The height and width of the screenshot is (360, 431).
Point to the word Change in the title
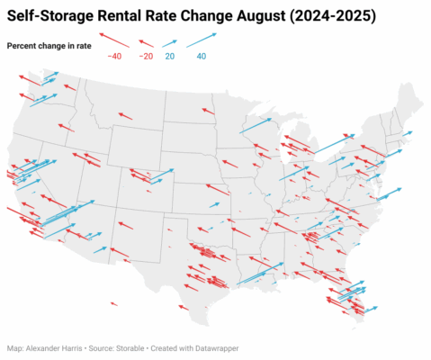(x=211, y=16)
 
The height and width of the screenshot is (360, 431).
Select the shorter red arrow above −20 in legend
(x=146, y=41)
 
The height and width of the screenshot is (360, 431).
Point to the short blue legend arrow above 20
(x=170, y=41)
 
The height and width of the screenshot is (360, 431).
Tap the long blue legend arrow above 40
(x=202, y=40)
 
